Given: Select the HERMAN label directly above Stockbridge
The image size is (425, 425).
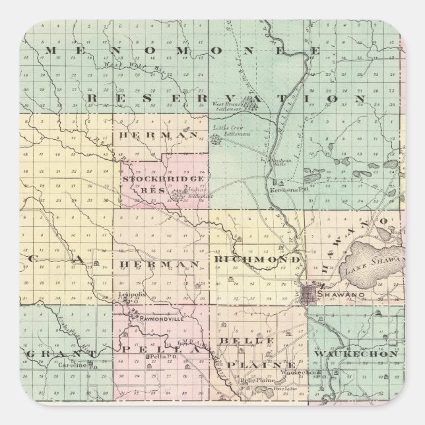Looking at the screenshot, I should click(158, 134).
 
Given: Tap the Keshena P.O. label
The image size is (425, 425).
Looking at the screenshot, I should click(284, 191).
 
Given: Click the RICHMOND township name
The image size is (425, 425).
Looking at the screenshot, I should click(258, 261).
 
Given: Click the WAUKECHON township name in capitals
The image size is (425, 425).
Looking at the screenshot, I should click(356, 354).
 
